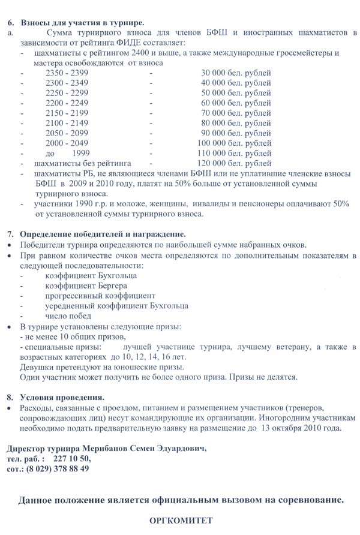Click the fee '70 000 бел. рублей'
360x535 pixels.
[x=236, y=113]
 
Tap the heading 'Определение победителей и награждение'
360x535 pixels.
[x=103, y=233]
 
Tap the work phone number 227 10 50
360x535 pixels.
[x=72, y=459]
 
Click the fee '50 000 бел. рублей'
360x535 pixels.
[x=236, y=93]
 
